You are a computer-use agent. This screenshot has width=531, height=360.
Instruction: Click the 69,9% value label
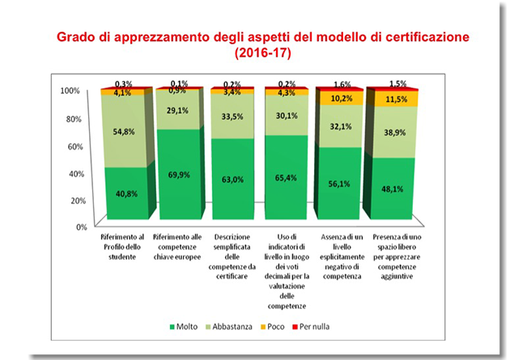[x=178, y=174]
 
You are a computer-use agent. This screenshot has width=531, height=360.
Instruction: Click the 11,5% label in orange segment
[x=395, y=99]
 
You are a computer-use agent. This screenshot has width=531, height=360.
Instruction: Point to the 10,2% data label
[x=341, y=98]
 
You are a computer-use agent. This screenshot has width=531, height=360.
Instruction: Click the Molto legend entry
[x=182, y=326]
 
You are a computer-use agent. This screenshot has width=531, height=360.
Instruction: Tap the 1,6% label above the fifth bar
[x=341, y=84]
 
